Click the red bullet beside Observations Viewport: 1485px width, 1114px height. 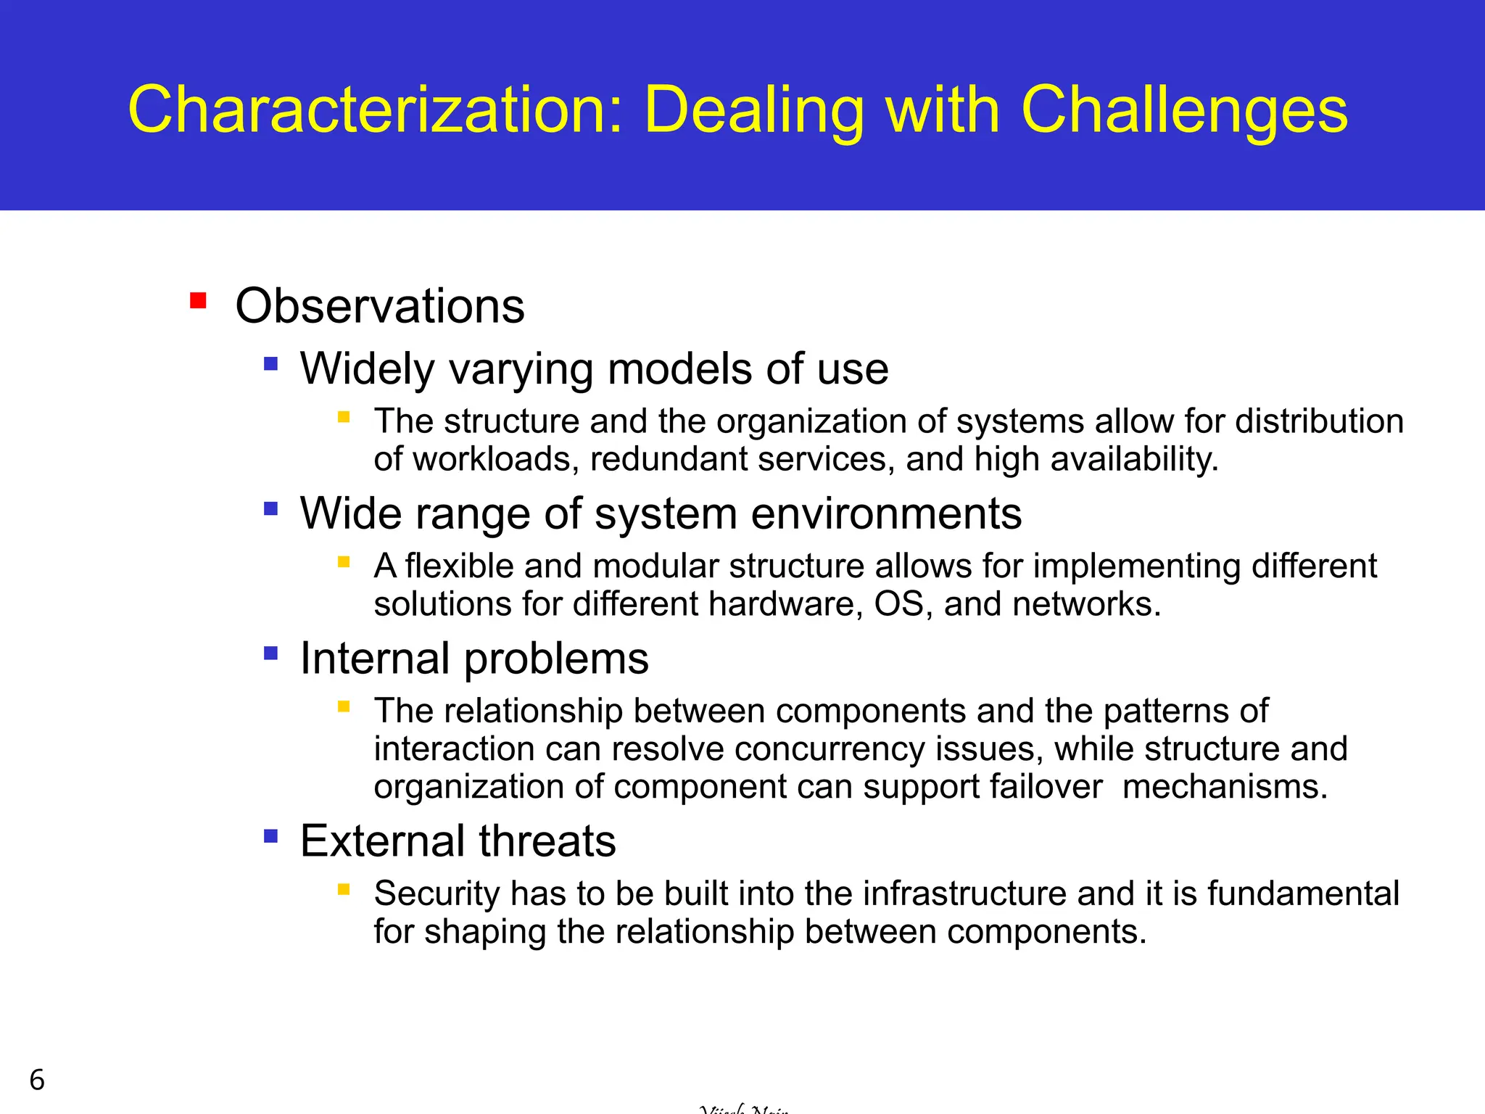coord(198,300)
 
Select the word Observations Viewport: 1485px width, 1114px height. coord(380,306)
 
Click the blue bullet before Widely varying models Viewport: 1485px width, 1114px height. coord(271,363)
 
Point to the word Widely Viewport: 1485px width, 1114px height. coord(367,369)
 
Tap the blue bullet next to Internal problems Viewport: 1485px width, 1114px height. coord(271,653)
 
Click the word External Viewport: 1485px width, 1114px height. coord(382,841)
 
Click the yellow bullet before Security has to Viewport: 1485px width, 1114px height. coord(344,889)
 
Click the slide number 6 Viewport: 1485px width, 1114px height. coord(37,1080)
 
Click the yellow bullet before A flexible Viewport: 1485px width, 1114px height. coord(344,561)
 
